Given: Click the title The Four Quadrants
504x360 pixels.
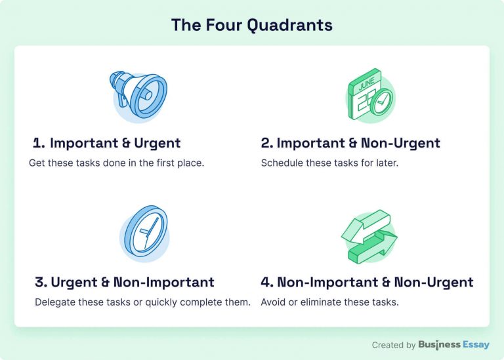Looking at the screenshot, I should (251, 26).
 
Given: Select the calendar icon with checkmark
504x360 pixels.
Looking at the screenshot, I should (369, 95).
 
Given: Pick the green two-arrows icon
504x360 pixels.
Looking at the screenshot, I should (369, 236).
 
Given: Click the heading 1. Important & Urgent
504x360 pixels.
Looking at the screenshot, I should (107, 143).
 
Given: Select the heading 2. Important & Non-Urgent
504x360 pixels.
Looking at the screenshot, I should (350, 143).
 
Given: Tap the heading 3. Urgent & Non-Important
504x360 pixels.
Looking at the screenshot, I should (125, 283).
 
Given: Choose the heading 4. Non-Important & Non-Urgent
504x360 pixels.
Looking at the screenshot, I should (367, 283).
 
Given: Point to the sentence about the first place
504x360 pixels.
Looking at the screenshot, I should (117, 163).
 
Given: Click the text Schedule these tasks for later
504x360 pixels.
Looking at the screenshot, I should (329, 163).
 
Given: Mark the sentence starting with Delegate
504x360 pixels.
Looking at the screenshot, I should (142, 302).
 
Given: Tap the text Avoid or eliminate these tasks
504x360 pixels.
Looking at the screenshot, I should (329, 302).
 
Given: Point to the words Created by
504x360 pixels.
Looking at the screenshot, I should (394, 345).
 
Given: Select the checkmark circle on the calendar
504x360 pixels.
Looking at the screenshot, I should (380, 102).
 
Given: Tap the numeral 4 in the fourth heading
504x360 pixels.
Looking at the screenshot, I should (266, 283).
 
